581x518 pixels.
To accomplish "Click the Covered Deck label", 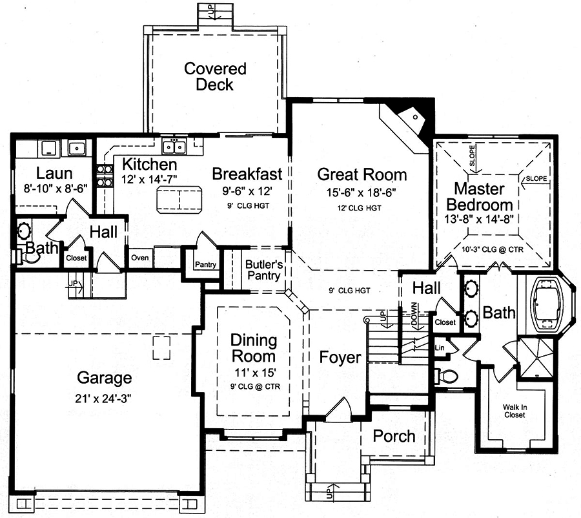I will point(215,76).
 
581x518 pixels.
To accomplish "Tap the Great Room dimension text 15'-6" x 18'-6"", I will point(362,192).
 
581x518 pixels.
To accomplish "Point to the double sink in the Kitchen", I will point(174,147).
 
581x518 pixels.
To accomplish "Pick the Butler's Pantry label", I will point(263,269).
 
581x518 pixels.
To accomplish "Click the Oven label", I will point(139,257).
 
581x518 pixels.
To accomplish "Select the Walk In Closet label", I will point(515,411).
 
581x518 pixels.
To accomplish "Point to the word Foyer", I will point(340,357).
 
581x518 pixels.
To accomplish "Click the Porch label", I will point(394,435).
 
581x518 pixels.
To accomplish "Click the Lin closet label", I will point(441,347).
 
